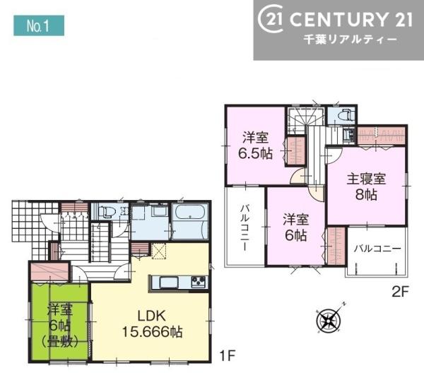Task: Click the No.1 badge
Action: [x=39, y=25]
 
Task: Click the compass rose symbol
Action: [x=329, y=320]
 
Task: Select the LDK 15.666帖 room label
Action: [x=152, y=324]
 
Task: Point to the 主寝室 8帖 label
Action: [x=366, y=187]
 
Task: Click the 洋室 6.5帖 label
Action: [x=255, y=146]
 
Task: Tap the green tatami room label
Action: [x=60, y=326]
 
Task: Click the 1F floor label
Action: [x=226, y=355]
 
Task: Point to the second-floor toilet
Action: [x=345, y=115]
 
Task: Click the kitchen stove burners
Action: [x=199, y=282]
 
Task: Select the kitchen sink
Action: [x=169, y=283]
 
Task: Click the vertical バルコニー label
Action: [x=245, y=228]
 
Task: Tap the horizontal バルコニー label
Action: [x=378, y=249]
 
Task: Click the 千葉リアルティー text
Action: [x=351, y=40]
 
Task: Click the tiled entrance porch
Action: [x=33, y=224]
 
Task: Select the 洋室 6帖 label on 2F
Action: [x=296, y=227]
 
